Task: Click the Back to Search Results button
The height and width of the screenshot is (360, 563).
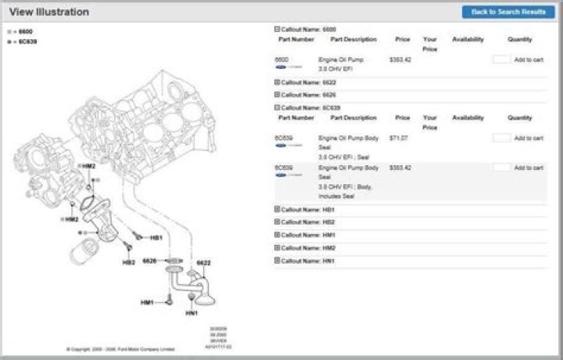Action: coord(508,12)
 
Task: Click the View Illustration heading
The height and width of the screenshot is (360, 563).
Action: coord(48,13)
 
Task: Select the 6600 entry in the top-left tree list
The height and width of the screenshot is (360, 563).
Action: coord(25,32)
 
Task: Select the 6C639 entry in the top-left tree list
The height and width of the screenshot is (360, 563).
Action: coord(27,41)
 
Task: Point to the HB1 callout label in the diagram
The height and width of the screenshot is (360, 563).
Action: coord(156,237)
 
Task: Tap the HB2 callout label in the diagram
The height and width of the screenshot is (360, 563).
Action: coord(129,262)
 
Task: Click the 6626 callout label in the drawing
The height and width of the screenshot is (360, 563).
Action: coord(150,261)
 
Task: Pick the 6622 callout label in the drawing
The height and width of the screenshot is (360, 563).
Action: coord(203,262)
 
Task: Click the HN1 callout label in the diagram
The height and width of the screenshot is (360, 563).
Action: coord(192,313)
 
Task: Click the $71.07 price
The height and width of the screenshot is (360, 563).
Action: coord(398,138)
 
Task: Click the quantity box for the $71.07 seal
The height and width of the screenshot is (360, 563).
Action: coord(501,138)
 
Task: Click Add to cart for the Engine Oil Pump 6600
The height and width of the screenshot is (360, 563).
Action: coord(529,59)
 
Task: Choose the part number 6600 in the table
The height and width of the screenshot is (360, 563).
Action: coord(281,59)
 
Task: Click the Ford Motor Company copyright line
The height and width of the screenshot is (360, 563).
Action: coord(121,349)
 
